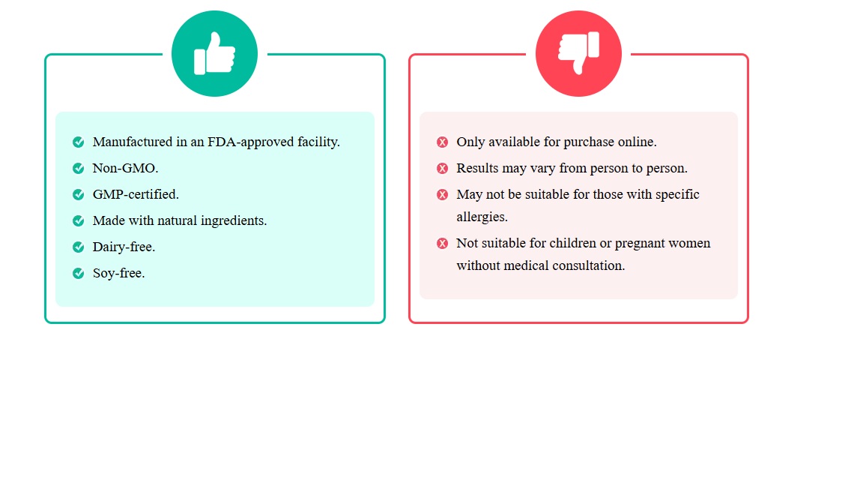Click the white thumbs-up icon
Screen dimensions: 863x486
pos(215,53)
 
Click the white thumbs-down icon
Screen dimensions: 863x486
pos(578,53)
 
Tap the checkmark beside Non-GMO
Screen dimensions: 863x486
pos(78,168)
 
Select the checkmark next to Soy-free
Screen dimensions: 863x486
pos(78,273)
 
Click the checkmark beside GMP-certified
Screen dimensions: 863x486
pos(78,194)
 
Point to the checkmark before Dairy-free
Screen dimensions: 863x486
pos(78,247)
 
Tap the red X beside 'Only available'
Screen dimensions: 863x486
pos(442,142)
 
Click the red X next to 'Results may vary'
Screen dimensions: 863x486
pos(442,168)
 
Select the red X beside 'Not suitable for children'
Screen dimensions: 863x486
pos(442,244)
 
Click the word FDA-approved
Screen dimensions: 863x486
pos(250,142)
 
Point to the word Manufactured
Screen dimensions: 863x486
pos(133,142)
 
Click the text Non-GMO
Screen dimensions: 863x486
pos(125,168)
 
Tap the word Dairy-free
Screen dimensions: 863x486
pos(124,247)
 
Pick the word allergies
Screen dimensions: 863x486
pos(482,217)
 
